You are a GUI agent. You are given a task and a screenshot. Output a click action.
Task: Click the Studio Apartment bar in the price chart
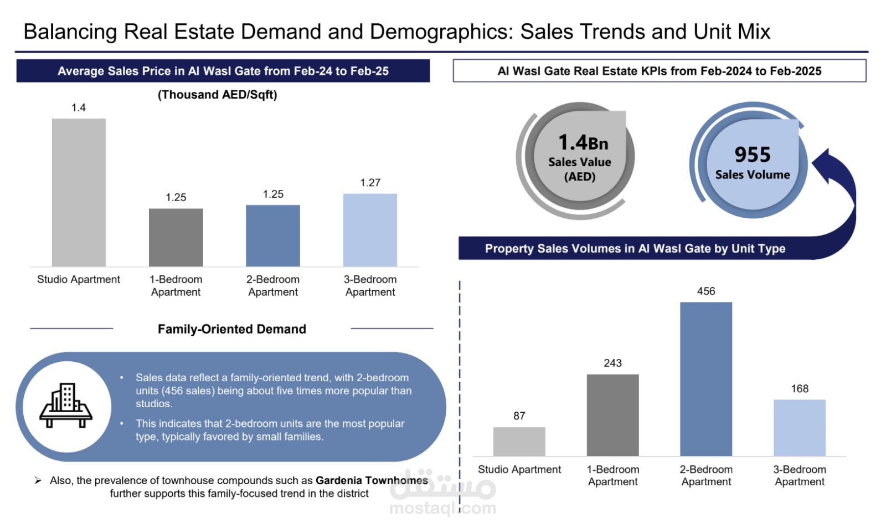click(x=79, y=192)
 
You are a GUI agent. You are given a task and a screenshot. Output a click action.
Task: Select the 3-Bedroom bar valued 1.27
click(x=370, y=230)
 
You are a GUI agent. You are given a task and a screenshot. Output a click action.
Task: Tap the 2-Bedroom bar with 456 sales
click(x=706, y=379)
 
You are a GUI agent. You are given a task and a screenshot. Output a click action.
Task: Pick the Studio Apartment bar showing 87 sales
click(x=519, y=442)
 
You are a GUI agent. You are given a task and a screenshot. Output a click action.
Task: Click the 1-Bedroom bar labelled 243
click(x=612, y=415)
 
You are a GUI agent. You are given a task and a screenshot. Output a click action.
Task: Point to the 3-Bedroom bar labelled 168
click(x=800, y=428)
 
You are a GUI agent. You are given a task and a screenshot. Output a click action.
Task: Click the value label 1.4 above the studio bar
click(x=78, y=107)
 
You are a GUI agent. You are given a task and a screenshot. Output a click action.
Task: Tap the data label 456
click(x=706, y=291)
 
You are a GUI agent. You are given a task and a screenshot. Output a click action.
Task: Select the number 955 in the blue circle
click(x=753, y=155)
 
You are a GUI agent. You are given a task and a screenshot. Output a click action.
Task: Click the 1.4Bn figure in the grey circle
click(x=583, y=142)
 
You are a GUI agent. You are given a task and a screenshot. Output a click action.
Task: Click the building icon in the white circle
click(x=66, y=405)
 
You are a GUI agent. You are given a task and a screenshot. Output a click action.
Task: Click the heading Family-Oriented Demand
click(x=232, y=329)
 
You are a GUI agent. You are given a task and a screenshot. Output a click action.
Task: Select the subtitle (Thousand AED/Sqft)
click(x=217, y=95)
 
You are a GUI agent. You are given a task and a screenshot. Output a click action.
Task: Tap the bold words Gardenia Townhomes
click(x=372, y=480)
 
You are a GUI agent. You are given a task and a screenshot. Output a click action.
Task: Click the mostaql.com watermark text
click(x=442, y=508)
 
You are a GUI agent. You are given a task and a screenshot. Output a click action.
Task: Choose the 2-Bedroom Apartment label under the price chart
click(x=273, y=285)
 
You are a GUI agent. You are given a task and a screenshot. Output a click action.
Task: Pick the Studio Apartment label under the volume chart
click(x=519, y=469)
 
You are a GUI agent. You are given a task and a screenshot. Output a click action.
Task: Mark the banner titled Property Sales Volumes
click(x=635, y=248)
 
